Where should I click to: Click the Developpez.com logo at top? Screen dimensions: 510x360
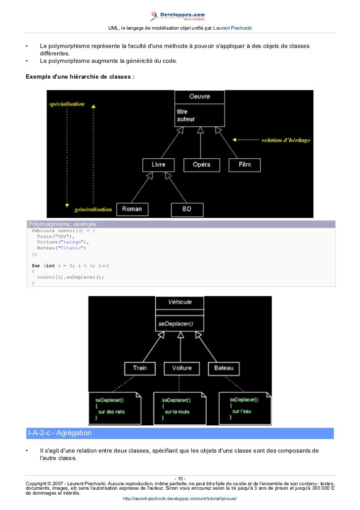pyautogui.click(x=180, y=16)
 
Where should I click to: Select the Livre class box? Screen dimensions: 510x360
pyautogui.click(x=158, y=165)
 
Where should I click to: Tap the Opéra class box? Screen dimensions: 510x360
pyautogui.click(x=201, y=165)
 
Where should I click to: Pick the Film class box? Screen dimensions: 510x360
pyautogui.click(x=245, y=165)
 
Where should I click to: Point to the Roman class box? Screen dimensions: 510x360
pyautogui.click(x=132, y=209)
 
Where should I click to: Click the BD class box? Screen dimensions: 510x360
pyautogui.click(x=186, y=209)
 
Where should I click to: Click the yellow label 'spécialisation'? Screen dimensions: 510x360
pyautogui.click(x=66, y=104)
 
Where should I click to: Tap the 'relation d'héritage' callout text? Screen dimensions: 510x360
pyautogui.click(x=285, y=140)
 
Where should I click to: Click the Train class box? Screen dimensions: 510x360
pyautogui.click(x=139, y=369)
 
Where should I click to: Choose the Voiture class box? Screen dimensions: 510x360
pyautogui.click(x=181, y=369)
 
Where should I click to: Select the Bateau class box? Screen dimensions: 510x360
pyautogui.click(x=224, y=369)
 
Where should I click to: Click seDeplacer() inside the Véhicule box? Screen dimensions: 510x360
pyautogui.click(x=176, y=324)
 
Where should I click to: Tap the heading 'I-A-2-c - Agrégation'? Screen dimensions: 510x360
pyautogui.click(x=60, y=433)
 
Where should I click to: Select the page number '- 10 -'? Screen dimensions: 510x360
pyautogui.click(x=180, y=478)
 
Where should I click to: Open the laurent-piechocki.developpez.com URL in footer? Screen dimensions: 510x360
pyautogui.click(x=180, y=498)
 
